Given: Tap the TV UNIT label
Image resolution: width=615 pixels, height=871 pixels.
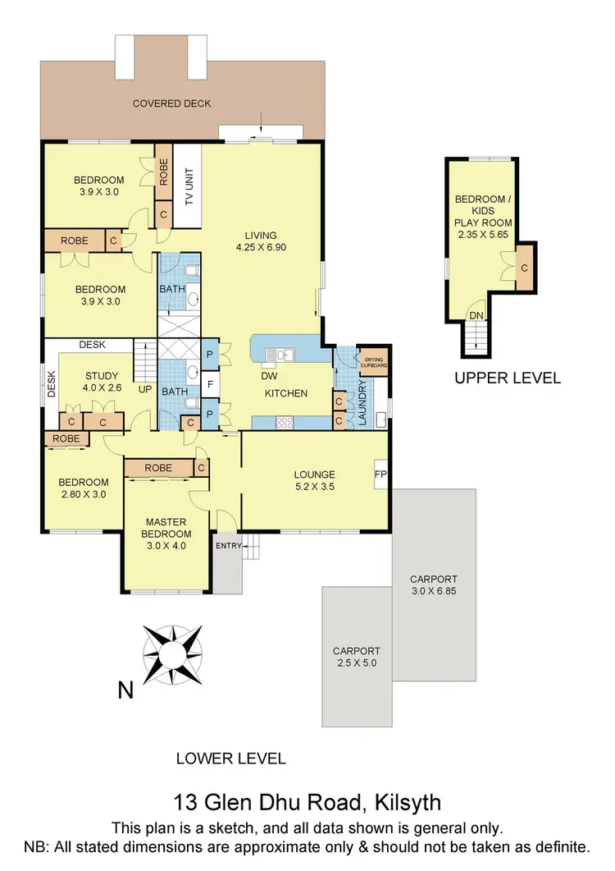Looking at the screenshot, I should pyautogui.click(x=189, y=188).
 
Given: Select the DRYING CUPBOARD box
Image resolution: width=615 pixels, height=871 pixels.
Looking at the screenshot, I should pyautogui.click(x=374, y=360).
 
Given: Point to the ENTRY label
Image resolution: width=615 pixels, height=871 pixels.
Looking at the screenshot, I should pyautogui.click(x=226, y=545).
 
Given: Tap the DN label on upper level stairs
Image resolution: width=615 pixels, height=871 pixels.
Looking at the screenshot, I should pyautogui.click(x=475, y=314).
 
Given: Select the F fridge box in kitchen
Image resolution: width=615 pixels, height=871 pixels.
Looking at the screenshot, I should pyautogui.click(x=211, y=383).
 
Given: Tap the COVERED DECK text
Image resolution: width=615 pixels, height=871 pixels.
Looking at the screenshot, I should pyautogui.click(x=172, y=103).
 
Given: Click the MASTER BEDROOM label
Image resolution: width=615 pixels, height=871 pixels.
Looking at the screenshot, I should pyautogui.click(x=167, y=529).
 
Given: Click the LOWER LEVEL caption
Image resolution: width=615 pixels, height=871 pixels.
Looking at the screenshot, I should pyautogui.click(x=231, y=758).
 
